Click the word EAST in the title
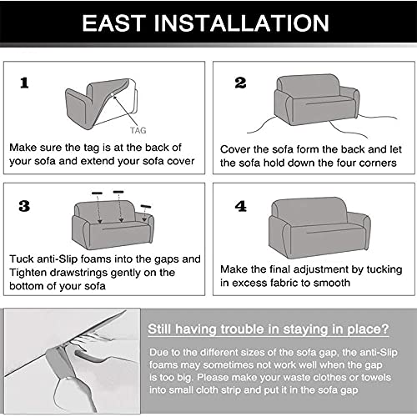(114, 23)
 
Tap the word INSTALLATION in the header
(241, 23)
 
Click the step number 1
(24, 83)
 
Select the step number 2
(240, 83)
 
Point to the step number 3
(24, 206)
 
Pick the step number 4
(241, 206)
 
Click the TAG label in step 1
(138, 130)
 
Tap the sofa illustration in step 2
(316, 100)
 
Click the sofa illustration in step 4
(319, 228)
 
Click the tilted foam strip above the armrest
(146, 207)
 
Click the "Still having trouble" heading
(268, 329)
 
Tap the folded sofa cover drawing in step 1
(102, 103)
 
